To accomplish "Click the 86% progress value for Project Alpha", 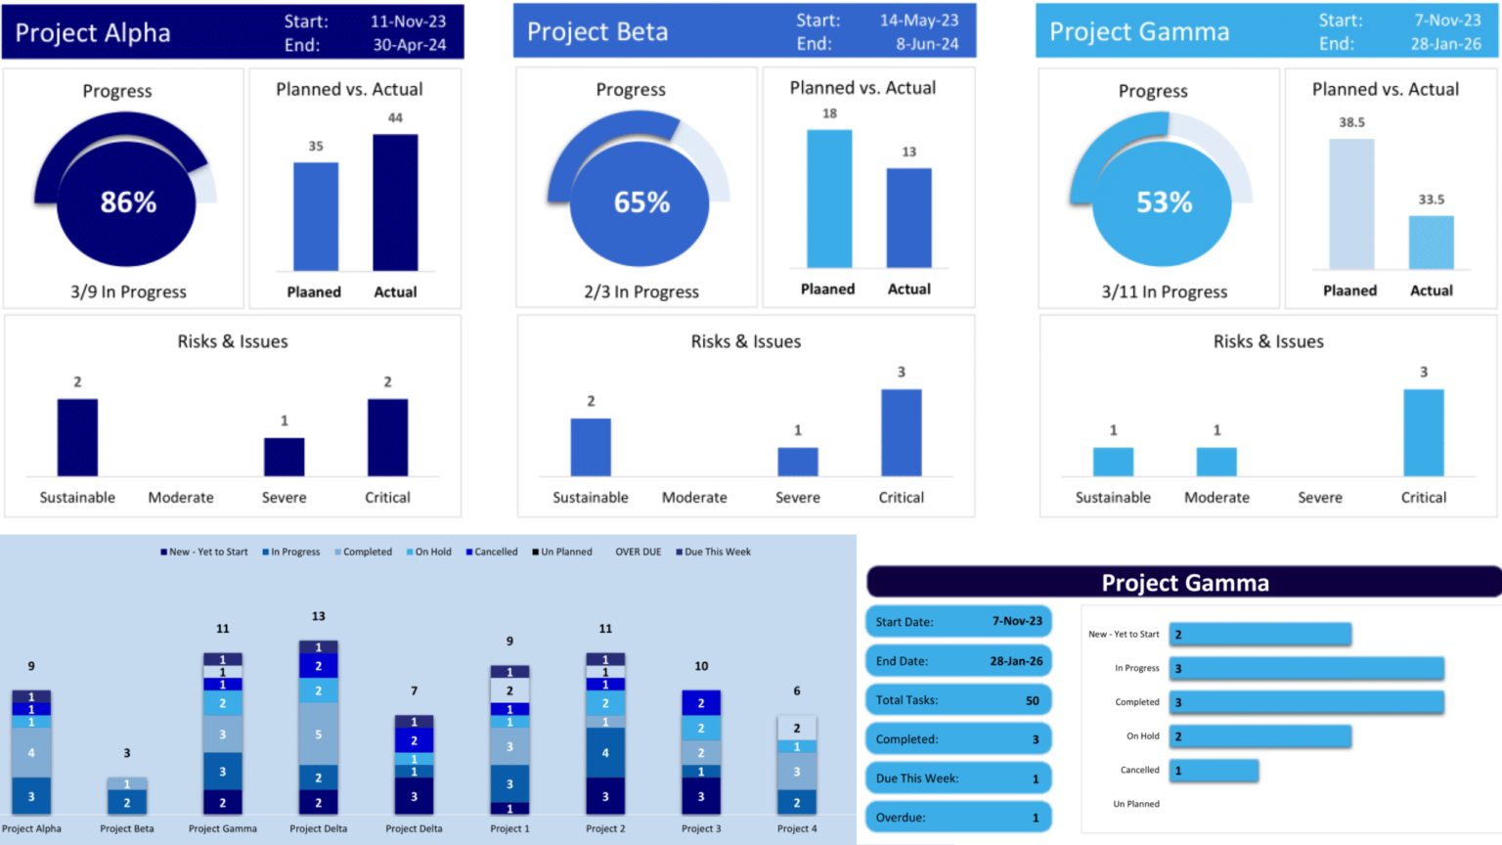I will tap(128, 202).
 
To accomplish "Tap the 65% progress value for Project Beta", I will tap(641, 202).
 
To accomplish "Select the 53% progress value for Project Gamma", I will tap(1164, 202).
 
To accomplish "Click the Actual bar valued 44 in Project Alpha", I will tap(395, 202).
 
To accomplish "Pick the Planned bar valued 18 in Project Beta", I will tap(828, 199).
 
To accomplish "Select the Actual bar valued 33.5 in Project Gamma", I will tap(1431, 243).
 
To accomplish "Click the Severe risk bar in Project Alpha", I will tap(284, 457).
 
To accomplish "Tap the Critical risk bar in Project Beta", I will tap(901, 433).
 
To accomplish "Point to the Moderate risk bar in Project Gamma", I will tap(1216, 462).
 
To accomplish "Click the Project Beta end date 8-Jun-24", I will tap(927, 44).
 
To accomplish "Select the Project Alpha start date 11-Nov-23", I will tap(408, 22).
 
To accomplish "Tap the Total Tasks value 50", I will tap(1032, 700).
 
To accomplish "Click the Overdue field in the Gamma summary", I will tap(958, 818).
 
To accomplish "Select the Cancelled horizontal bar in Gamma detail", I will tap(1214, 771).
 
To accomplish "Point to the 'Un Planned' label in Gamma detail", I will tap(1135, 804).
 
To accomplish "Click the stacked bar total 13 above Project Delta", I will tap(318, 616).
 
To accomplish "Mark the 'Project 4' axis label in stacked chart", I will tap(797, 828).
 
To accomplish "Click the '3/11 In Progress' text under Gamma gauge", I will tap(1164, 291).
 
